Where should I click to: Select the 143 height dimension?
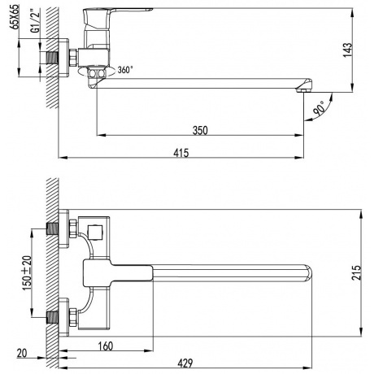[x=346, y=50]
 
